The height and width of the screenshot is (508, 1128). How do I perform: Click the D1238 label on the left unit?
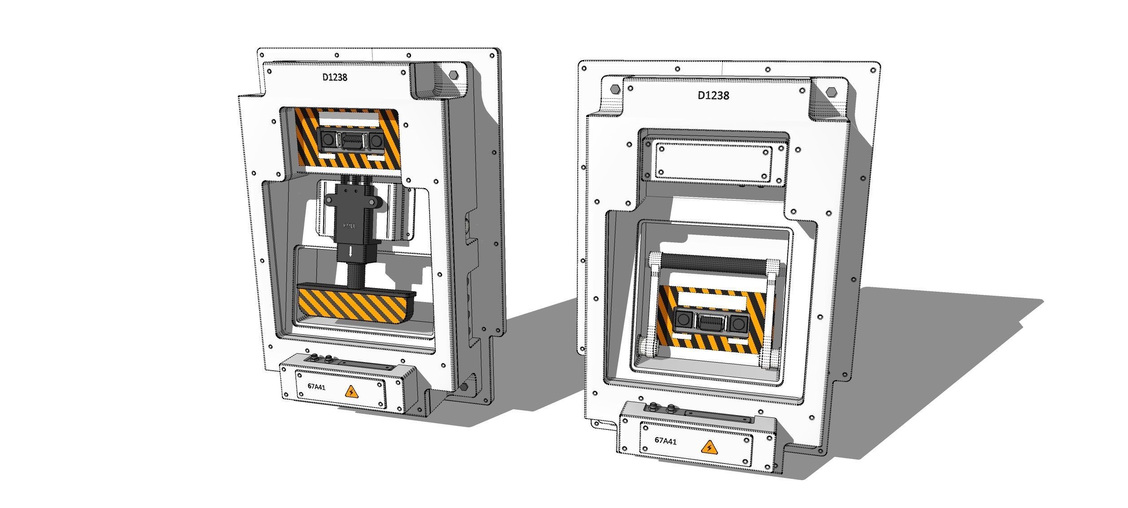pyautogui.click(x=335, y=77)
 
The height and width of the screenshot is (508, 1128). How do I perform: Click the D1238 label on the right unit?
pyautogui.click(x=713, y=95)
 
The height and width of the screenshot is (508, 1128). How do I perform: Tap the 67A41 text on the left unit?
pyautogui.click(x=316, y=387)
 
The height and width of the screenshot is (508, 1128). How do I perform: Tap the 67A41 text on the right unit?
pyautogui.click(x=665, y=441)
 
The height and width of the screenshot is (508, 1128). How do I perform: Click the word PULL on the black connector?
pyautogui.click(x=349, y=226)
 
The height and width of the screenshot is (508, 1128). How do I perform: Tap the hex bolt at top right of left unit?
pyautogui.click(x=454, y=74)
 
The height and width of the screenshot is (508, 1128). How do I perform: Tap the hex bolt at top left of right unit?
pyautogui.click(x=615, y=88)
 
